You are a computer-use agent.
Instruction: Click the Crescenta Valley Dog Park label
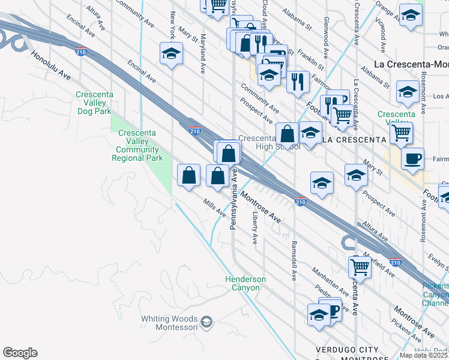tap(94, 103)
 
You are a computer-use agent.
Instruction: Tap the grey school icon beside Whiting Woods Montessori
tap(206, 322)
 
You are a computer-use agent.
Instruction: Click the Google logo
tap(20, 353)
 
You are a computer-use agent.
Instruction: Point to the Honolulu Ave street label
tap(52, 65)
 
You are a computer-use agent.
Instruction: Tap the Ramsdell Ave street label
tap(294, 261)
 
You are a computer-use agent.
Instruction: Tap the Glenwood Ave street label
tap(325, 37)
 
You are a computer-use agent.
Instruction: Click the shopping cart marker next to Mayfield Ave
tap(360, 265)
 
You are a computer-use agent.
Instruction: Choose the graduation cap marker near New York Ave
tap(171, 53)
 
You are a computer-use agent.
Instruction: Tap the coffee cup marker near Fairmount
tap(412, 158)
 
